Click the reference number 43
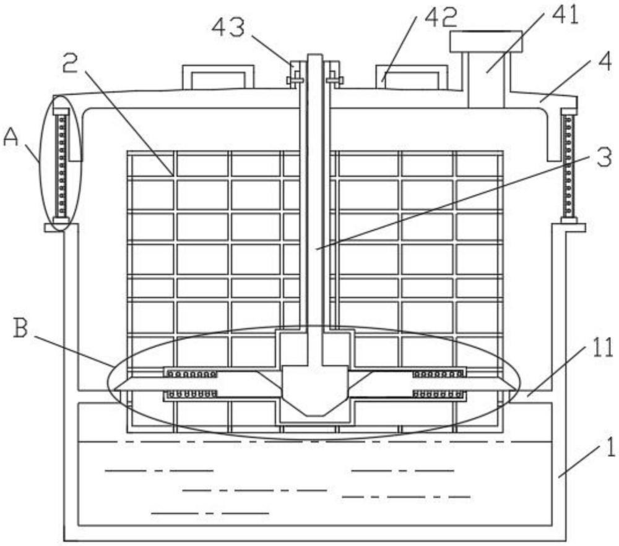pos(228,28)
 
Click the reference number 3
pos(604,158)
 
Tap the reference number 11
pos(599,348)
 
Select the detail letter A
pos(11,138)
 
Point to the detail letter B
pos(20,328)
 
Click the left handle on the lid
pos(218,77)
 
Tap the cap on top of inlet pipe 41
pos(486,41)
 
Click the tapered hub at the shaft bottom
pos(316,390)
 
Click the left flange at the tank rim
pos(54,228)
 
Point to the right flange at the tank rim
pos(575,228)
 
